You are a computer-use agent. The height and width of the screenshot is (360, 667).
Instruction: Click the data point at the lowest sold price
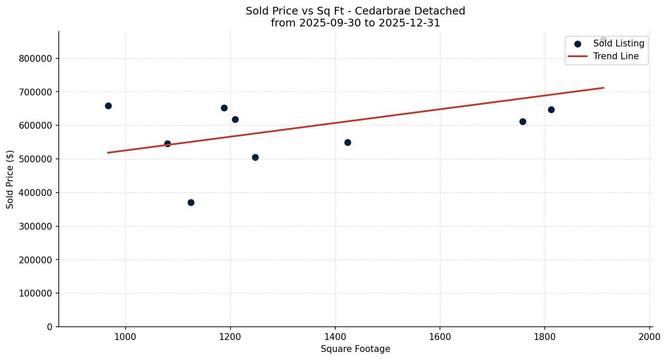[191, 202]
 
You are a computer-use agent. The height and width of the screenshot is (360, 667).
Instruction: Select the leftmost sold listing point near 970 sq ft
[108, 106]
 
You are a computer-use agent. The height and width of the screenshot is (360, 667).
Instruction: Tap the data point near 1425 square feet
[348, 142]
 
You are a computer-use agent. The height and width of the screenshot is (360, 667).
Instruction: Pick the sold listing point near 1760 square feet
[523, 121]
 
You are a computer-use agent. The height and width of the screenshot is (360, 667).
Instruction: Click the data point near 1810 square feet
[551, 109]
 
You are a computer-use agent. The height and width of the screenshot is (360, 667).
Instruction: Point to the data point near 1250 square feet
[255, 157]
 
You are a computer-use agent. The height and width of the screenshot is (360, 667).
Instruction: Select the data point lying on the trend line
[167, 144]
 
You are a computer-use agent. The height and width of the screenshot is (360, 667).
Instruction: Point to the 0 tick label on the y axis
[50, 327]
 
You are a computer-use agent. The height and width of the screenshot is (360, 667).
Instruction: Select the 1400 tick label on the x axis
[335, 336]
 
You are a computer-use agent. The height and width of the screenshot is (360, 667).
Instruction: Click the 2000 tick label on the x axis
[650, 336]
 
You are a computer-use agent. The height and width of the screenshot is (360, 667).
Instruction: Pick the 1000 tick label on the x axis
[126, 336]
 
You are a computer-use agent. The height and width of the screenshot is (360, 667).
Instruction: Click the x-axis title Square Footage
[355, 349]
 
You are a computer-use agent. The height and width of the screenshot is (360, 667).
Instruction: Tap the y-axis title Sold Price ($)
[10, 179]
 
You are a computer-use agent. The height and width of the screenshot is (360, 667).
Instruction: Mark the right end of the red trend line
[604, 88]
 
